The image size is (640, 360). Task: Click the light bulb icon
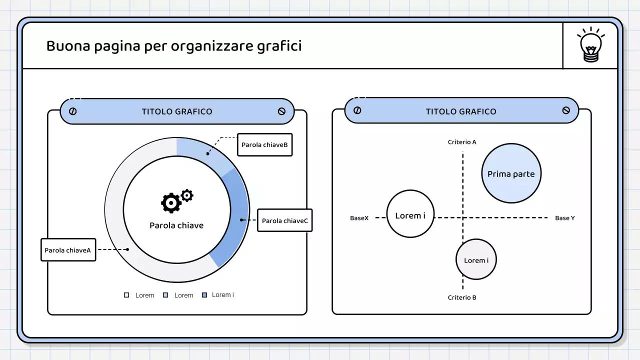pyautogui.click(x=591, y=45)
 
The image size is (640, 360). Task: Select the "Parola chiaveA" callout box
pyautogui.click(x=68, y=249)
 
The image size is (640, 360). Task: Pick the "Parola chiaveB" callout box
pyautogui.click(x=264, y=145)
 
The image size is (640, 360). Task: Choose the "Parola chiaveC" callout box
pyautogui.click(x=284, y=220)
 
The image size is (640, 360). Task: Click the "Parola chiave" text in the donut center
pyautogui.click(x=176, y=225)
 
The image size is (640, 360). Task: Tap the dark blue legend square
pyautogui.click(x=204, y=295)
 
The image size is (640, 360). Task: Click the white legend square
pyautogui.click(x=126, y=295)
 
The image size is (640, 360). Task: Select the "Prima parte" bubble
pyautogui.click(x=511, y=173)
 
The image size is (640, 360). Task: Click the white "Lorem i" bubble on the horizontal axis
pyautogui.click(x=410, y=214)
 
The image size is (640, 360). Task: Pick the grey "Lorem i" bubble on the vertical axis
pyautogui.click(x=476, y=259)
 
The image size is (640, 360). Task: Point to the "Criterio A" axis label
pyautogui.click(x=462, y=142)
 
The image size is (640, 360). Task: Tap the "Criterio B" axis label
pyautogui.click(x=462, y=297)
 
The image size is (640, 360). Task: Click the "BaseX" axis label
pyautogui.click(x=359, y=218)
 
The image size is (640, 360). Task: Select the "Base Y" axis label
pyautogui.click(x=565, y=218)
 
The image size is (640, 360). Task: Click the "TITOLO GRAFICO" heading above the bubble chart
pyautogui.click(x=461, y=111)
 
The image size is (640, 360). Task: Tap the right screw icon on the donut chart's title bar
pyautogui.click(x=281, y=111)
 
